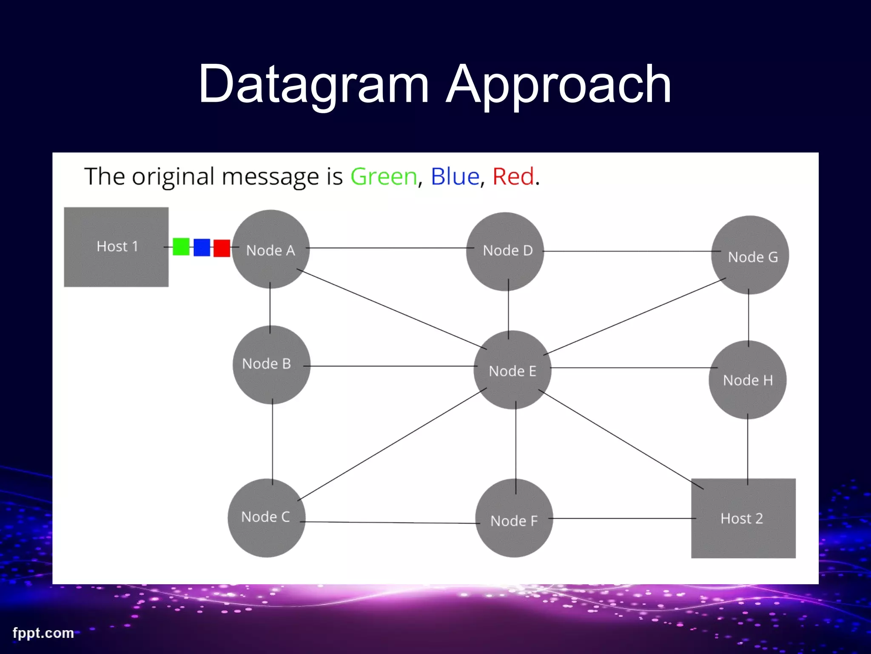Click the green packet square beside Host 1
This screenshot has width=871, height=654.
click(181, 247)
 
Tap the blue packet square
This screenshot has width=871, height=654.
click(202, 247)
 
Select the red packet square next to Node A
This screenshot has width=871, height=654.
click(222, 248)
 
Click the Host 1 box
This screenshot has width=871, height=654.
click(116, 247)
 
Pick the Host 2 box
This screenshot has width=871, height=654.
click(743, 518)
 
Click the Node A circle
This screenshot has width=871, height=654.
click(270, 250)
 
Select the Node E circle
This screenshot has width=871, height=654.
click(512, 370)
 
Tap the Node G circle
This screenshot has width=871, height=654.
click(750, 255)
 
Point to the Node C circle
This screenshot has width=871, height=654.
click(267, 518)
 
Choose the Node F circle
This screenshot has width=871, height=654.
click(514, 518)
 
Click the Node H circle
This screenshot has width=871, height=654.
click(747, 380)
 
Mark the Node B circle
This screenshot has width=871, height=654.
click(271, 365)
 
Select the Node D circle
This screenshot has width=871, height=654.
click(505, 251)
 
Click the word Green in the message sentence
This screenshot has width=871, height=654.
click(384, 177)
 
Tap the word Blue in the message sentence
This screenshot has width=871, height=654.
click(455, 177)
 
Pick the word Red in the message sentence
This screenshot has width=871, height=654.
click(513, 177)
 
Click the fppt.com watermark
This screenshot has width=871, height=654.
click(43, 633)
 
